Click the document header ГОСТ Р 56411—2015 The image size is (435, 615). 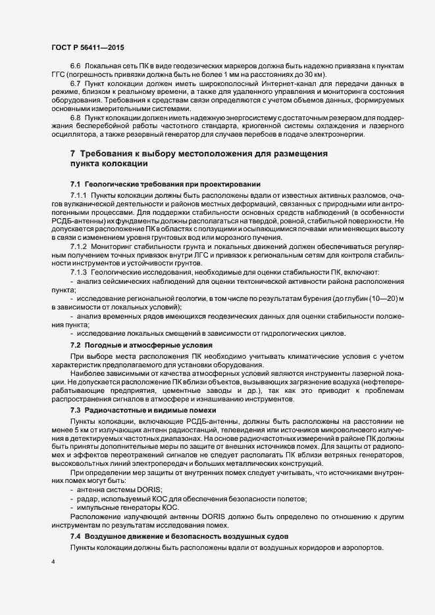pyautogui.click(x=87, y=47)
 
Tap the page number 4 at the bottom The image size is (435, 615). pyautogui.click(x=53, y=563)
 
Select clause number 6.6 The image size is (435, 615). pyautogui.click(x=75, y=68)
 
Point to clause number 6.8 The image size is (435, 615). pyautogui.click(x=75, y=117)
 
